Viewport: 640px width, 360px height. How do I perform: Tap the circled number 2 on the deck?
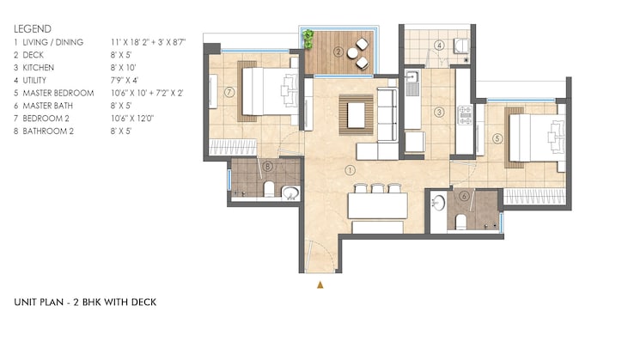338,52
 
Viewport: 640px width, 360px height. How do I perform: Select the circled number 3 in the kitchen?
439,111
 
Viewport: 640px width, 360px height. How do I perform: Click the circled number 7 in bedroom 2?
230,91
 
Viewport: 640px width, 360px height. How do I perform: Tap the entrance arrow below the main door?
321,283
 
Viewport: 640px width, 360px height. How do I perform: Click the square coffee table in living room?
355,111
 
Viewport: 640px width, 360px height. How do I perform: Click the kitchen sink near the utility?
413,82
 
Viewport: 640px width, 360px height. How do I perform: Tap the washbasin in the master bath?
440,203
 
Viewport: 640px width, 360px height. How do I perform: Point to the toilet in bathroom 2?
269,188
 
